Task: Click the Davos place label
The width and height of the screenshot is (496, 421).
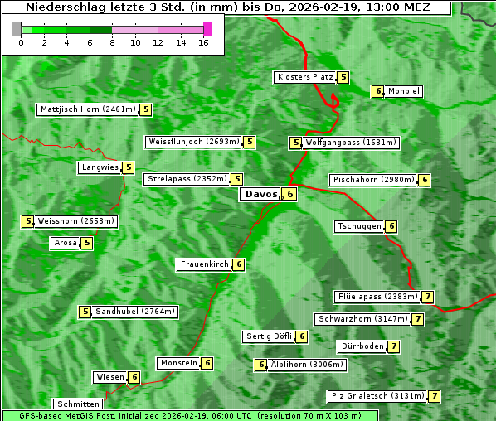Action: pos(260,194)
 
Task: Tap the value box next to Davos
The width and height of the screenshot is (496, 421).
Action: pos(289,195)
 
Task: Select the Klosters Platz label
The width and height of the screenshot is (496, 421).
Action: pos(304,77)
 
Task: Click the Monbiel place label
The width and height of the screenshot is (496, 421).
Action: pos(404,91)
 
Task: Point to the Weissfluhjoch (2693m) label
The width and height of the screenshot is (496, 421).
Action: pos(193,142)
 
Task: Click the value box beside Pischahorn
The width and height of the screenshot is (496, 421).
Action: pos(425,180)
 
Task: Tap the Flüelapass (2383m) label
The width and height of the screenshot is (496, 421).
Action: pos(377,297)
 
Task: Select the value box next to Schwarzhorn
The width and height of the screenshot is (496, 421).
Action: pos(418,319)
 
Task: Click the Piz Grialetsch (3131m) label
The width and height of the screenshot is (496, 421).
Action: pos(377,396)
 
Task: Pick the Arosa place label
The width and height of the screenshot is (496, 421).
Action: pos(66,243)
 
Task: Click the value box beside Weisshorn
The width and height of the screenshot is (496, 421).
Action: pos(28,221)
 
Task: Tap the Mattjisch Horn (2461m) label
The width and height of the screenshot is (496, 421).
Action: pos(87,109)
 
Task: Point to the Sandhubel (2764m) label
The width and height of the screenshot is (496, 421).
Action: pos(135,312)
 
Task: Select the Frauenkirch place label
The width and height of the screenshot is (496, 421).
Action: pos(204,264)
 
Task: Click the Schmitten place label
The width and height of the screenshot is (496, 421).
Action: pos(76,404)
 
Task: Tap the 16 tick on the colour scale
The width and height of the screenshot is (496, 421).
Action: pos(203,41)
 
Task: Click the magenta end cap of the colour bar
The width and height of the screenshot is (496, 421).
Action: pos(207,29)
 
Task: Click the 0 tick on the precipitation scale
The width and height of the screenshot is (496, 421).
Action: pos(21,41)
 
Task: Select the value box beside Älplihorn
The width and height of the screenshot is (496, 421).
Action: pos(260,365)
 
